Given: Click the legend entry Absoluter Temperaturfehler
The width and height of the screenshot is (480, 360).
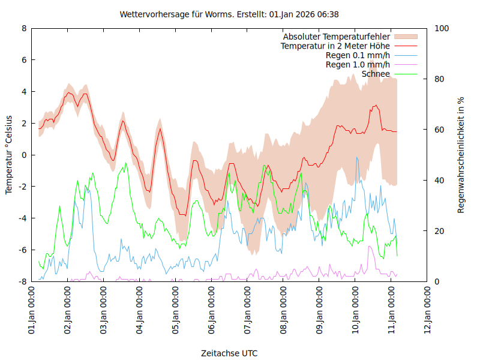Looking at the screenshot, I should click(337, 37).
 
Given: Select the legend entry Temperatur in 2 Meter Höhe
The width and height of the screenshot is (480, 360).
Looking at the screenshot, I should click(335, 46).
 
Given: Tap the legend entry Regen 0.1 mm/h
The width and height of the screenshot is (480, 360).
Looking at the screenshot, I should click(358, 55).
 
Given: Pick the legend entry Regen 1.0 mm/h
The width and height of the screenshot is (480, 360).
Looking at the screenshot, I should click(358, 65).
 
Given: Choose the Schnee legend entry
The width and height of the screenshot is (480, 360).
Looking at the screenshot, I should click(376, 74).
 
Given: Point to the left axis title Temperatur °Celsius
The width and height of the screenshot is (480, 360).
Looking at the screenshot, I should click(9, 155).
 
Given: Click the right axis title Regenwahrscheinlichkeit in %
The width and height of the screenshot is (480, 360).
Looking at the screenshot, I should click(461, 155).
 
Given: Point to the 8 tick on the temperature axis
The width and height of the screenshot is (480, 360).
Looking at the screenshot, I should click(24, 28).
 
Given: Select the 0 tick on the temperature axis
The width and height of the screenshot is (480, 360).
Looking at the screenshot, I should click(24, 155).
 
